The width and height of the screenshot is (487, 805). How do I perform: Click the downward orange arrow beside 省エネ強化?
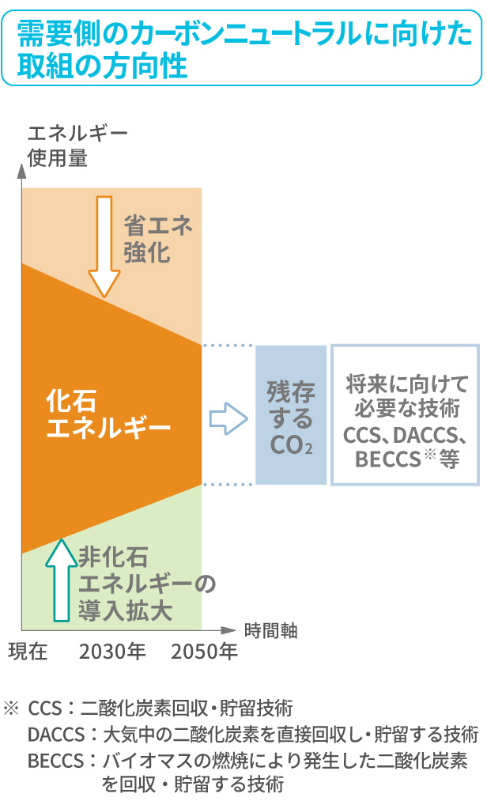coord(104,245)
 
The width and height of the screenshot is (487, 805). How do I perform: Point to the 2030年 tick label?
coord(113,652)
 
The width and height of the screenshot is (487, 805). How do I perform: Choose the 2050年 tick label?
coord(204,652)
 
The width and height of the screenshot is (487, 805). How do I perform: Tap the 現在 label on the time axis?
coord(29,652)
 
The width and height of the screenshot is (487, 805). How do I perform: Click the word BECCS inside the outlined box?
coord(385,459)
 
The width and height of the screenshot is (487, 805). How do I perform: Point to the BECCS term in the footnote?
coord(55,761)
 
